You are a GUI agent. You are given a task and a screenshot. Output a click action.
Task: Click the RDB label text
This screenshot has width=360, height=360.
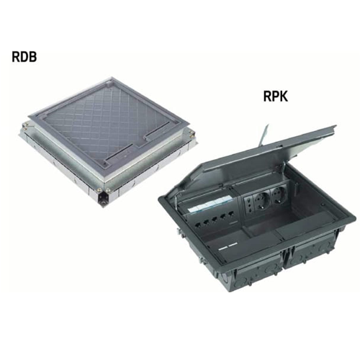tap(24, 57)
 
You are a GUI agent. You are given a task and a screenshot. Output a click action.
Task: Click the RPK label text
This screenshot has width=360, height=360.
tap(276, 96)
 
